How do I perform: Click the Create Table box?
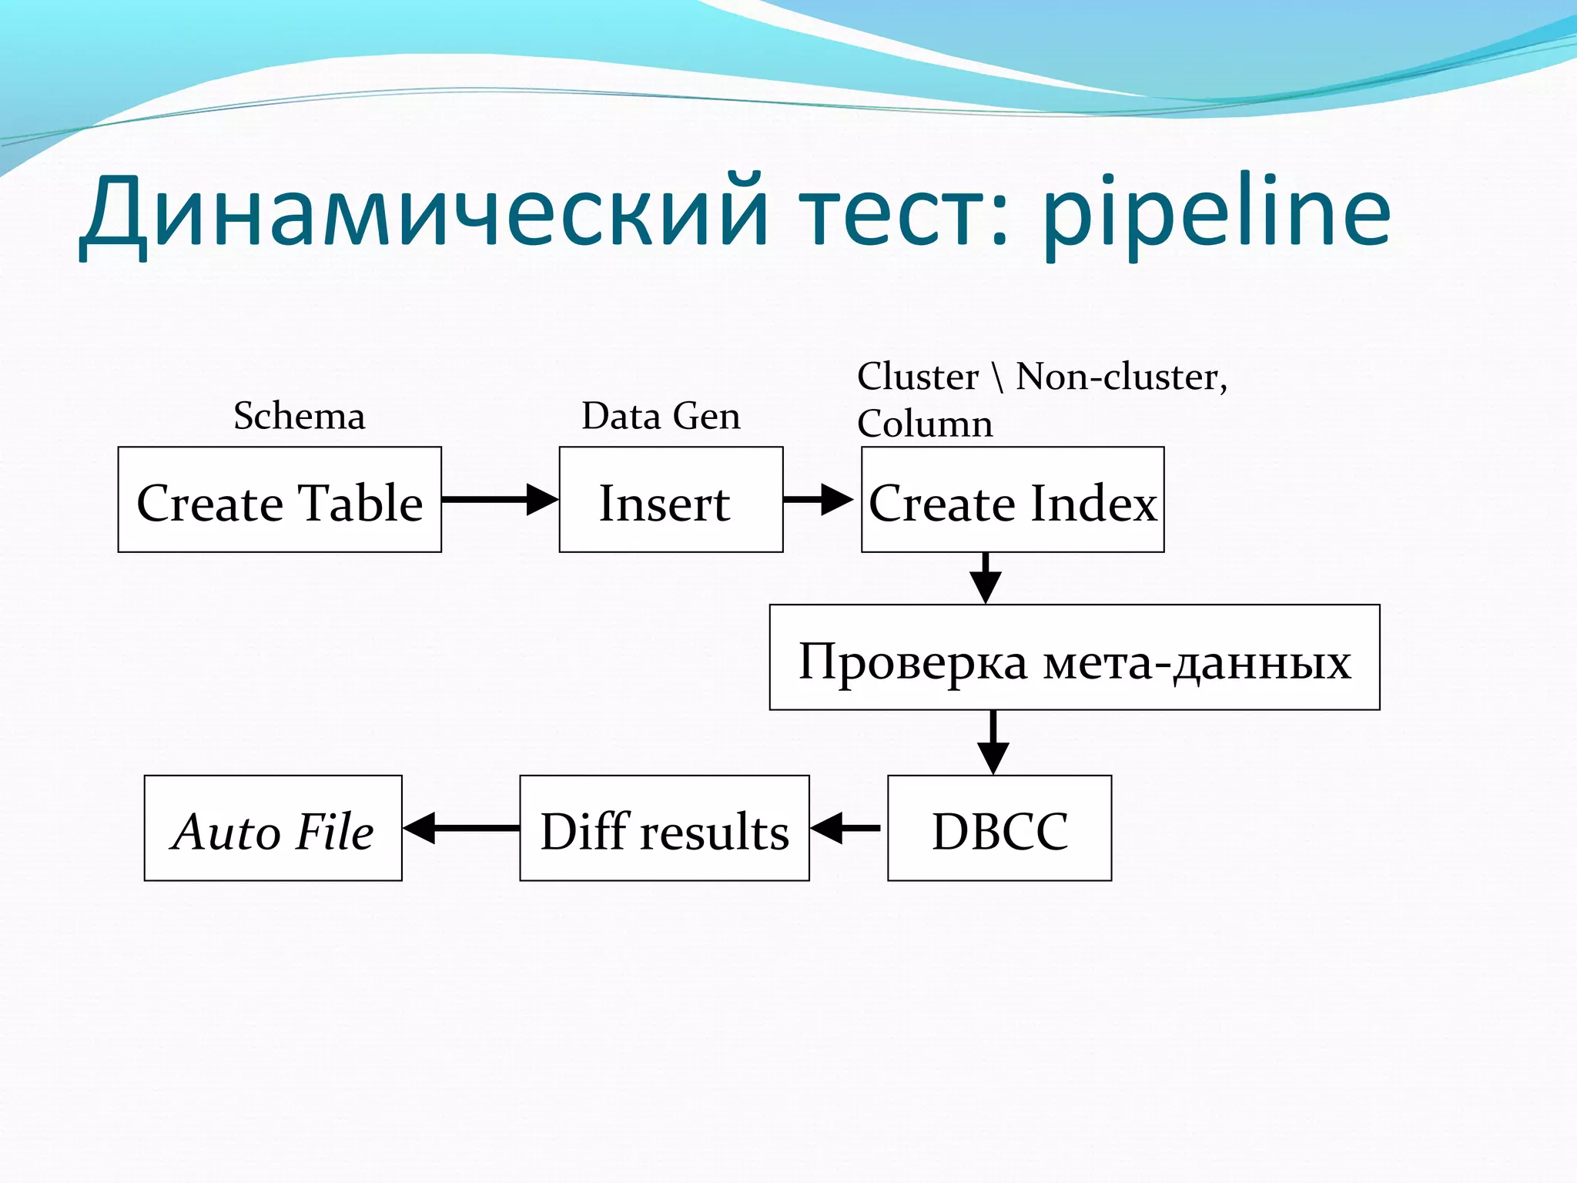click(x=280, y=500)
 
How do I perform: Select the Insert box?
click(x=671, y=500)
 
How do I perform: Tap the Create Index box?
click(x=1012, y=500)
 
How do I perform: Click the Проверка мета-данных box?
click(x=1074, y=657)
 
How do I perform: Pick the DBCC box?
click(x=999, y=828)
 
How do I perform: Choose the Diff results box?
click(x=664, y=828)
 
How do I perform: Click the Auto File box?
click(x=273, y=828)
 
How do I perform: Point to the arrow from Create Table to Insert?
click(x=499, y=499)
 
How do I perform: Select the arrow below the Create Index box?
click(x=986, y=578)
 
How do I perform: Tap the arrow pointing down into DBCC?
click(x=993, y=742)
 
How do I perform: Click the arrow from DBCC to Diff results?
click(x=845, y=828)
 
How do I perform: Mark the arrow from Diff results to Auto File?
click(x=460, y=828)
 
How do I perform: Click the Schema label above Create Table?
click(x=299, y=417)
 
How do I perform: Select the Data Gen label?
click(x=661, y=417)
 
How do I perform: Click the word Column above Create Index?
click(x=925, y=424)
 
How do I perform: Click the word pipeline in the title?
click(x=1217, y=212)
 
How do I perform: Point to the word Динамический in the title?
click(x=424, y=212)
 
